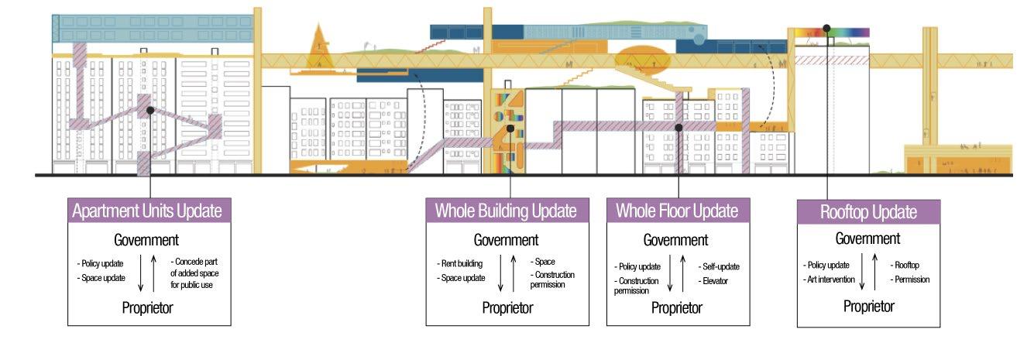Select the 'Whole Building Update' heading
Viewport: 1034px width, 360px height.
pyautogui.click(x=506, y=211)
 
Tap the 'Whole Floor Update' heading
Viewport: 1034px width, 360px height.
pyautogui.click(x=677, y=211)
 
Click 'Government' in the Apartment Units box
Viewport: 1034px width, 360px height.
pyautogui.click(x=146, y=239)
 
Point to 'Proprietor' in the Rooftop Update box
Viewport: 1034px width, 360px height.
pyautogui.click(x=868, y=307)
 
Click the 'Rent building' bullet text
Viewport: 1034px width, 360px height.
pyautogui.click(x=462, y=263)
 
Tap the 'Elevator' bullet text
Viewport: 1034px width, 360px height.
pyautogui.click(x=714, y=280)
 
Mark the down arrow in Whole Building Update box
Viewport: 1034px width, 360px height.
pyautogui.click(x=501, y=274)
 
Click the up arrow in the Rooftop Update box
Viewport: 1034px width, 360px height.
pyautogui.click(x=875, y=272)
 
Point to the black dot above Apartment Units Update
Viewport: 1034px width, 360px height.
pyautogui.click(x=150, y=111)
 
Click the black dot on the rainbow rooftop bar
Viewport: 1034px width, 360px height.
pyautogui.click(x=826, y=29)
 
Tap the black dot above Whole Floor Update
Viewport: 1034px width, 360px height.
pyautogui.click(x=678, y=128)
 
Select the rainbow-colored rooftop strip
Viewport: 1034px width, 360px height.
pyautogui.click(x=829, y=33)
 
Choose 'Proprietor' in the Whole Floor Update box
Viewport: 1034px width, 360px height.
pyautogui.click(x=676, y=308)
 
